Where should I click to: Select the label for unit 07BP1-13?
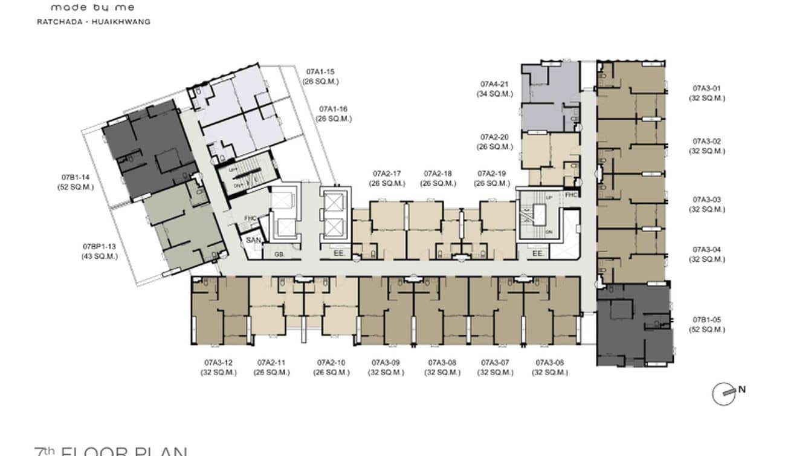pos(100,247)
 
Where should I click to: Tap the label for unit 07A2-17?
pos(388,174)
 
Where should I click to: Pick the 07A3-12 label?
pos(219,363)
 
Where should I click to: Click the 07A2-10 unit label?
pos(332,363)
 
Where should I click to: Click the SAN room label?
pos(252,240)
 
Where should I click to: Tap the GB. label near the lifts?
pos(279,255)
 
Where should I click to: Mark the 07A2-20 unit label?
pos(494,137)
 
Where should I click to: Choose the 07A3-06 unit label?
pos(550,363)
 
